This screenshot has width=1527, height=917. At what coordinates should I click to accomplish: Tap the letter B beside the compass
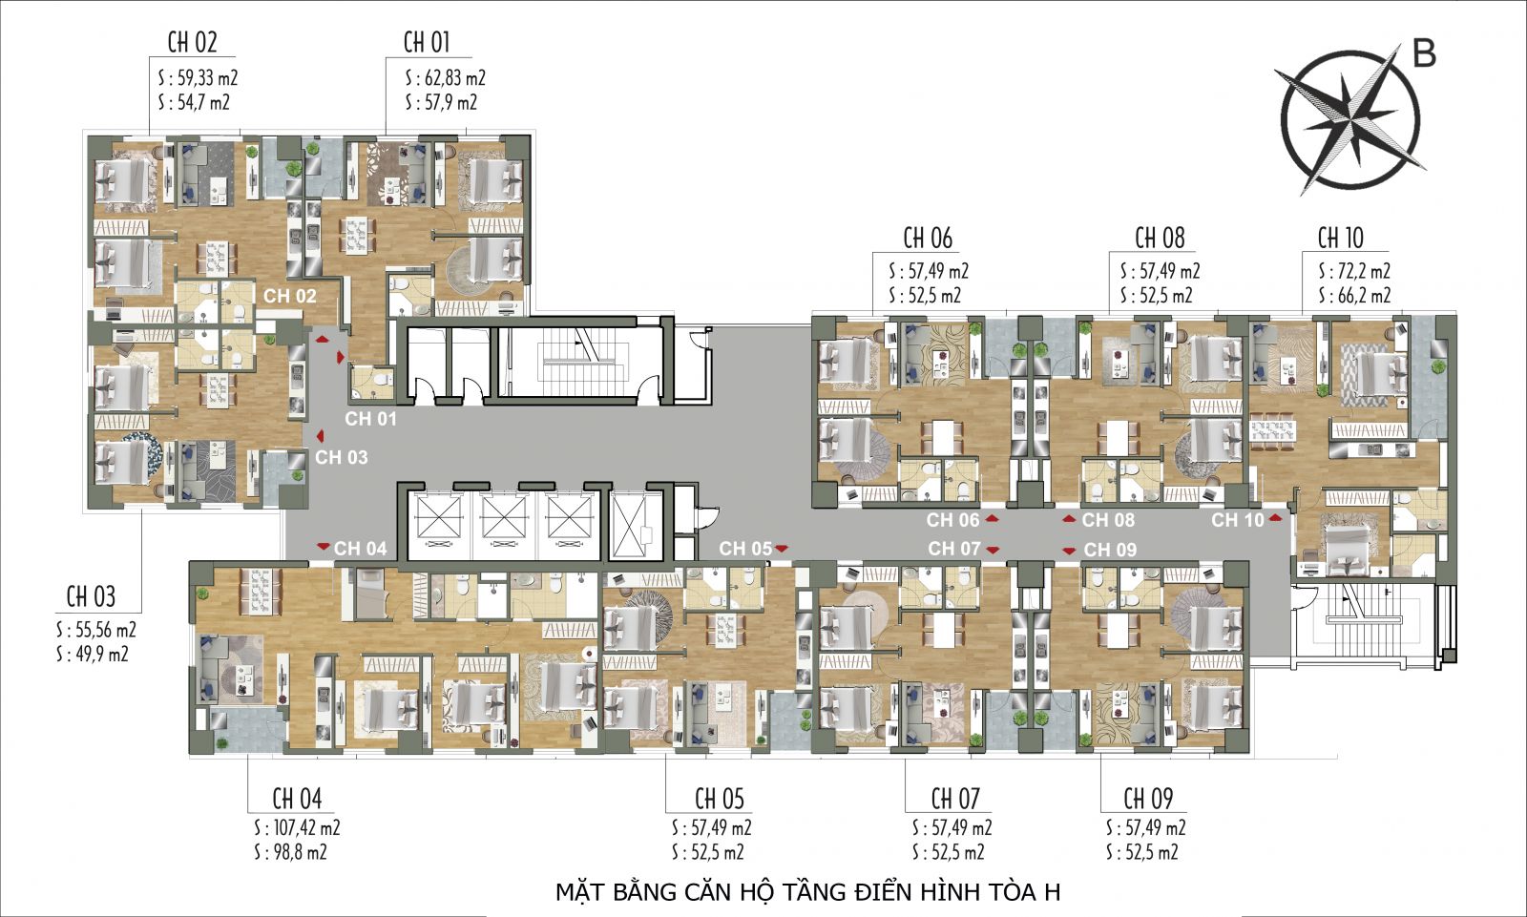tap(1423, 54)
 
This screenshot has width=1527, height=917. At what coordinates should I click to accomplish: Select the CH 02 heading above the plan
tap(192, 43)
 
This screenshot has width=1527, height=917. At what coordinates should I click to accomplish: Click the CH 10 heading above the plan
tap(1340, 238)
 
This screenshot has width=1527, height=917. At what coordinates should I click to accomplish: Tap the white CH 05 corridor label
tap(745, 549)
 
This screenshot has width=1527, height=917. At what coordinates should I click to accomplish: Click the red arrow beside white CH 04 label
tap(324, 547)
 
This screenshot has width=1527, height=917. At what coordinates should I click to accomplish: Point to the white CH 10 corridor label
tap(1237, 520)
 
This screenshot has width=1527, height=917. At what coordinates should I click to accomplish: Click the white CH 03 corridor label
tap(342, 458)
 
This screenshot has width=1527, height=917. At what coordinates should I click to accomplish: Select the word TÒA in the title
tap(1011, 893)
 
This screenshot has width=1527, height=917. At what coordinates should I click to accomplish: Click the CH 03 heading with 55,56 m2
tap(91, 597)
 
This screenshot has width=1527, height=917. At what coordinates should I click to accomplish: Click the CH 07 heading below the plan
tap(955, 798)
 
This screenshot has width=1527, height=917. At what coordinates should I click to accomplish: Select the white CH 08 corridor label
tap(1108, 520)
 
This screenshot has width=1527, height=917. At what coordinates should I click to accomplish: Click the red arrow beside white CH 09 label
tap(1068, 551)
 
